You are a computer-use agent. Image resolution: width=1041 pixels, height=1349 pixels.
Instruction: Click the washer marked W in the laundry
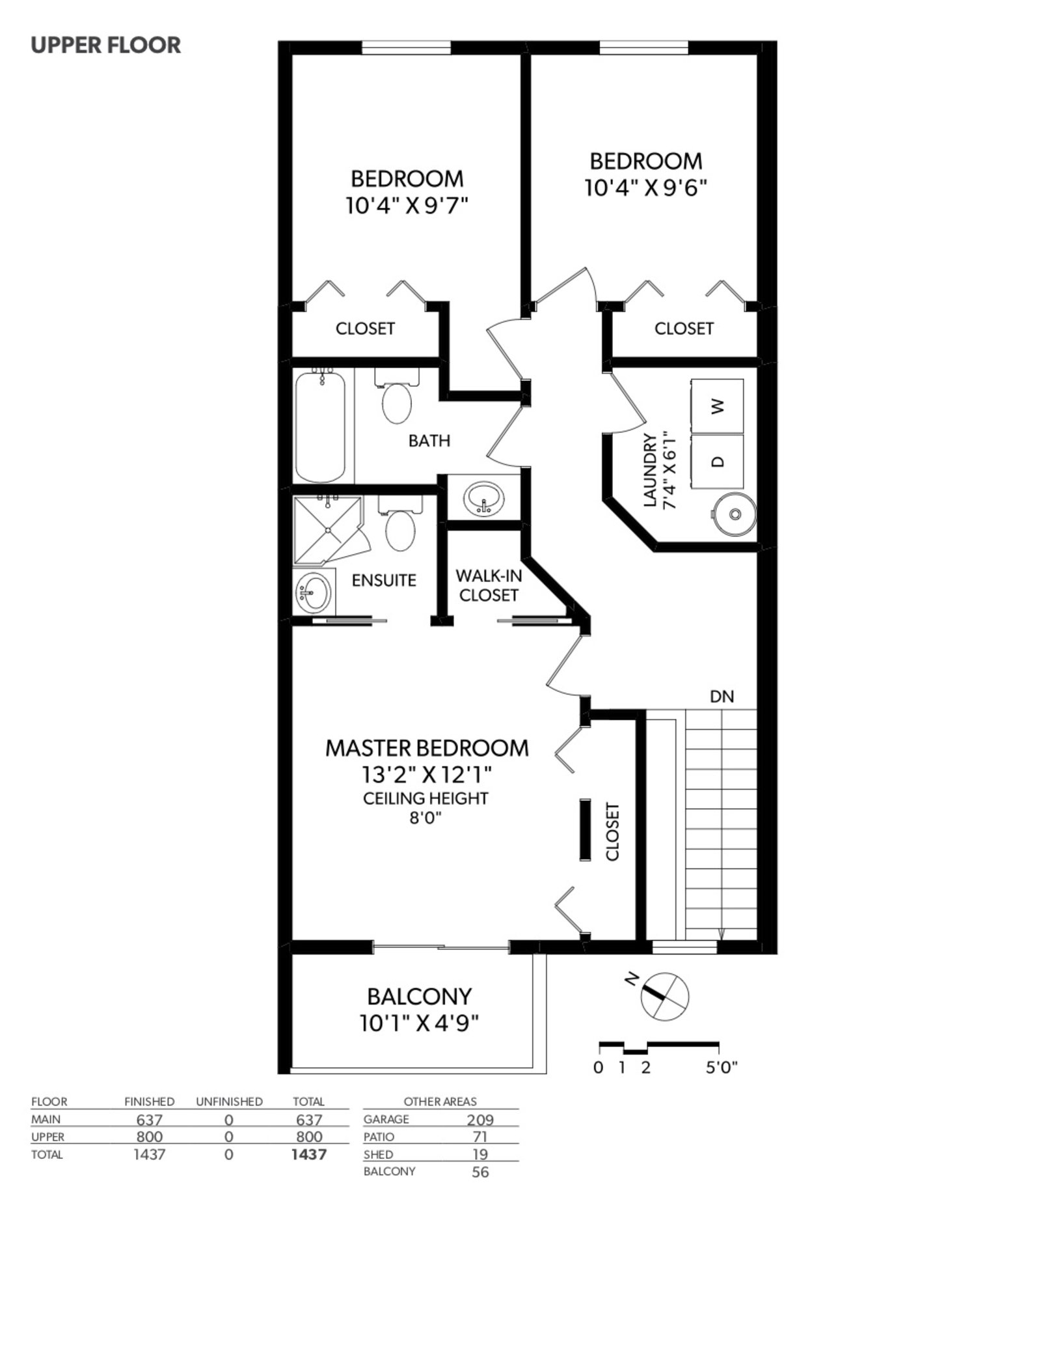point(717,406)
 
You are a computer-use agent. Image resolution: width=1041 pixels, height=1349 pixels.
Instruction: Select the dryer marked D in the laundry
point(717,461)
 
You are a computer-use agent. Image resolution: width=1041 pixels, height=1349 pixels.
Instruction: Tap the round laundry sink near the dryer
point(735,514)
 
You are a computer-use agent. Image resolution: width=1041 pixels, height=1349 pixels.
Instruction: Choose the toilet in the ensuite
point(399,525)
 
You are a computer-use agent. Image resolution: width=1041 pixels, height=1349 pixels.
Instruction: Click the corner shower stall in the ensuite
point(328,531)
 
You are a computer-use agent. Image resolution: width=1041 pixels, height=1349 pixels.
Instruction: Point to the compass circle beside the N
point(664,996)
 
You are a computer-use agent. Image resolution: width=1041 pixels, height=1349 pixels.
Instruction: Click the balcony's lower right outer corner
point(547,1074)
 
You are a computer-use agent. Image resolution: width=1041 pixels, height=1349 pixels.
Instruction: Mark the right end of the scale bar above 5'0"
point(718,1045)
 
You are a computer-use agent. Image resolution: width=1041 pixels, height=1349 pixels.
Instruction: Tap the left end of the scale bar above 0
point(599,1045)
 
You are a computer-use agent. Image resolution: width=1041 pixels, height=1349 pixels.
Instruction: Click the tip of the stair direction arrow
point(721,940)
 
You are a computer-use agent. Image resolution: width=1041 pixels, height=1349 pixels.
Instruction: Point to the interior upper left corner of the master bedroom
point(292,627)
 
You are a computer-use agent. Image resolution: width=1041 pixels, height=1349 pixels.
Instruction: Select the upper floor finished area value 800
point(149,1136)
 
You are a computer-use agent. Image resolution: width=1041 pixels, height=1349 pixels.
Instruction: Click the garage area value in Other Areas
point(480,1119)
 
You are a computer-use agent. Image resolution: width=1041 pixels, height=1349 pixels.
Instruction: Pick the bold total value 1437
point(308,1154)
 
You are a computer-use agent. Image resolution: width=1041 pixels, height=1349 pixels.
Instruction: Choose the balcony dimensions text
point(419,1024)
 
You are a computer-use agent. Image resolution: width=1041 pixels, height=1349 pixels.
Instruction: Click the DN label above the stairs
point(722,697)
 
